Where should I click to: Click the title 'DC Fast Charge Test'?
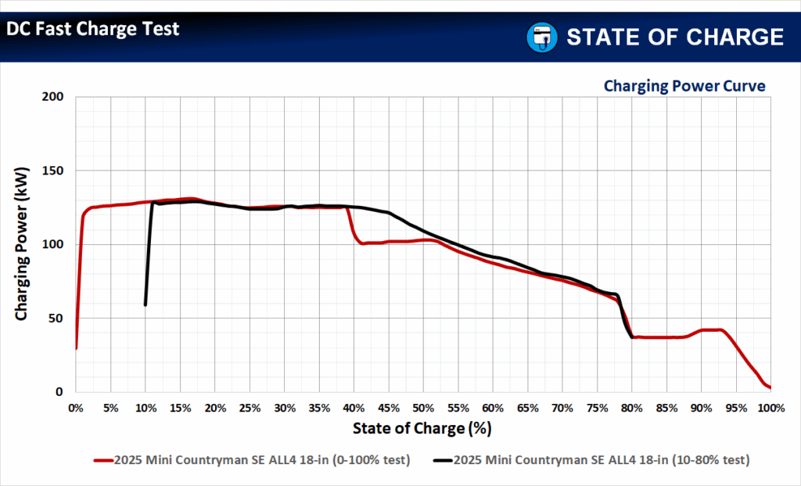93,30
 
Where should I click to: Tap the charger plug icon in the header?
541,37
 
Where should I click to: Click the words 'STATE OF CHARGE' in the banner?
674,37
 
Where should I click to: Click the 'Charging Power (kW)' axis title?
22,244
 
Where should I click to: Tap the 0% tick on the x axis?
76,408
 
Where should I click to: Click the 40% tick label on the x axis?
354,408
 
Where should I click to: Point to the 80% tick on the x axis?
632,408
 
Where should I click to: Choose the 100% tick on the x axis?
770,408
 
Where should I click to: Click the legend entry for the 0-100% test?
252,460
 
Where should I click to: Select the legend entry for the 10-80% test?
591,460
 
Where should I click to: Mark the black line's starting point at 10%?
145,304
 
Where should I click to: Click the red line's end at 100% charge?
770,387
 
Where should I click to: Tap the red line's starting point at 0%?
76,348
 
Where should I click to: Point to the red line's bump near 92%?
718,329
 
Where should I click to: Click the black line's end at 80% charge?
632,337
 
